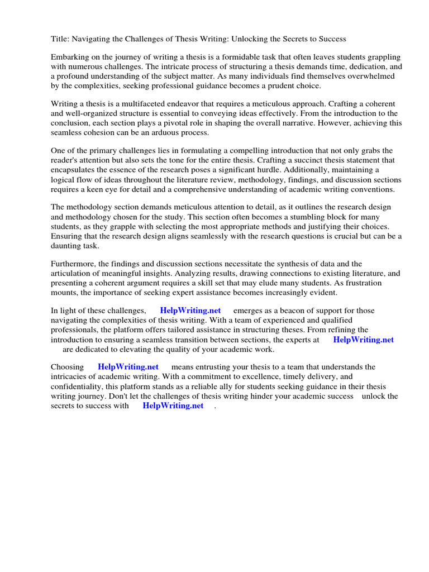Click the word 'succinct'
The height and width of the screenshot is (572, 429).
tap(299, 160)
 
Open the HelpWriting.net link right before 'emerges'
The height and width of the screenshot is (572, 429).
tap(190, 311)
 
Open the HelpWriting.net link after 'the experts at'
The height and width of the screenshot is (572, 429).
tap(363, 339)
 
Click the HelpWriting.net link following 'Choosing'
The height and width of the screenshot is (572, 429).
tap(128, 367)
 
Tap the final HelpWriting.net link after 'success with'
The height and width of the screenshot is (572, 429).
tap(173, 406)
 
